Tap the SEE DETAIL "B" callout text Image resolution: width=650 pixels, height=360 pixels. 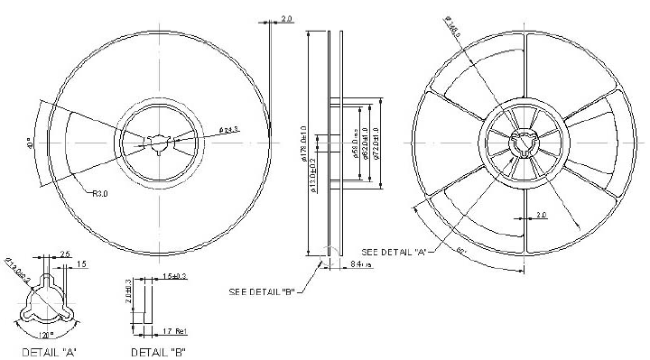pyautogui.click(x=262, y=291)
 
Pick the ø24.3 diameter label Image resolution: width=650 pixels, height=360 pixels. pyautogui.click(x=229, y=130)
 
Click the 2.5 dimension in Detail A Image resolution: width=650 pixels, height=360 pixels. pyautogui.click(x=65, y=254)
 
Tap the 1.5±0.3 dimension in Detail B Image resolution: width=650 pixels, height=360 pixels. pyautogui.click(x=173, y=274)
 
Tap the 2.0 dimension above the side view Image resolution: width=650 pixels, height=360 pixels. pyautogui.click(x=287, y=18)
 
